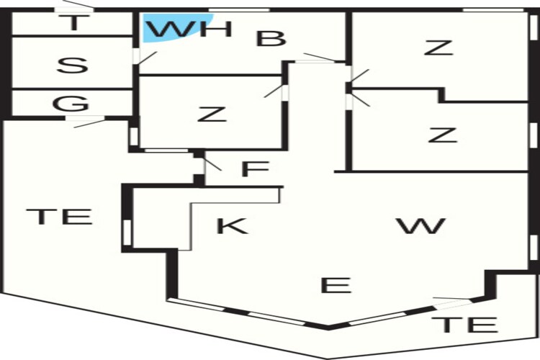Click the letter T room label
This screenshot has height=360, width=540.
73,23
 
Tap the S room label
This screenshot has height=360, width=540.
72,66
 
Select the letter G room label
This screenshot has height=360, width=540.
71,104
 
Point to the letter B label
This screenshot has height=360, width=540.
271,38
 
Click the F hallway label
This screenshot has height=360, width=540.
255,168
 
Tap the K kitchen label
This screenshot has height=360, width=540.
232,225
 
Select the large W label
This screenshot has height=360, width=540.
420,225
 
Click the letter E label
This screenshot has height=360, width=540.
336,285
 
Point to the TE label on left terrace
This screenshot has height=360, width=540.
59,216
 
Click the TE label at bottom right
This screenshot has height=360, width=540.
464,325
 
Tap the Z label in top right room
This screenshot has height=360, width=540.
438,48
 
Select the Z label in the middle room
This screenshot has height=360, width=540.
212,114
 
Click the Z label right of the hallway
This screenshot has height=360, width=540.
443,135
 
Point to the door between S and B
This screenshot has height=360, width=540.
145,57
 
